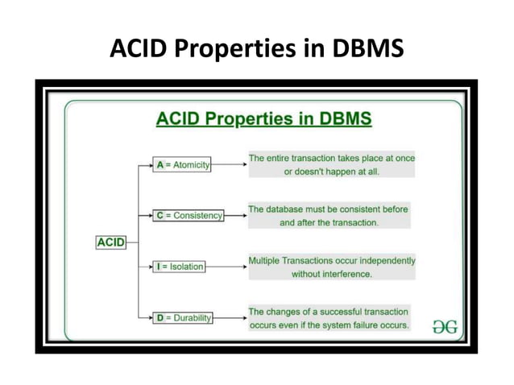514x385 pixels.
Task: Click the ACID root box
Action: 110,241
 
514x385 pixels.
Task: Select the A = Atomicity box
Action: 182,164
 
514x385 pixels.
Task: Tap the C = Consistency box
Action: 189,215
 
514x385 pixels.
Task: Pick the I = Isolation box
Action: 180,266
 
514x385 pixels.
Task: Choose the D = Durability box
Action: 184,317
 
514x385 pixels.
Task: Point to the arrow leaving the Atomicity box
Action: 230,164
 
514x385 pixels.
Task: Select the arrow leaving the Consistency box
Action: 235,215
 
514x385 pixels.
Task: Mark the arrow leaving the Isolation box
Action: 226,266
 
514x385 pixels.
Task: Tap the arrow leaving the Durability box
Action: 230,318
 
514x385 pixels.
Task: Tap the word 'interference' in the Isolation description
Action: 344,274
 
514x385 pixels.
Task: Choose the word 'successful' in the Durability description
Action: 337,311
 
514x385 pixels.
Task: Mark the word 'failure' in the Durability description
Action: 363,325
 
